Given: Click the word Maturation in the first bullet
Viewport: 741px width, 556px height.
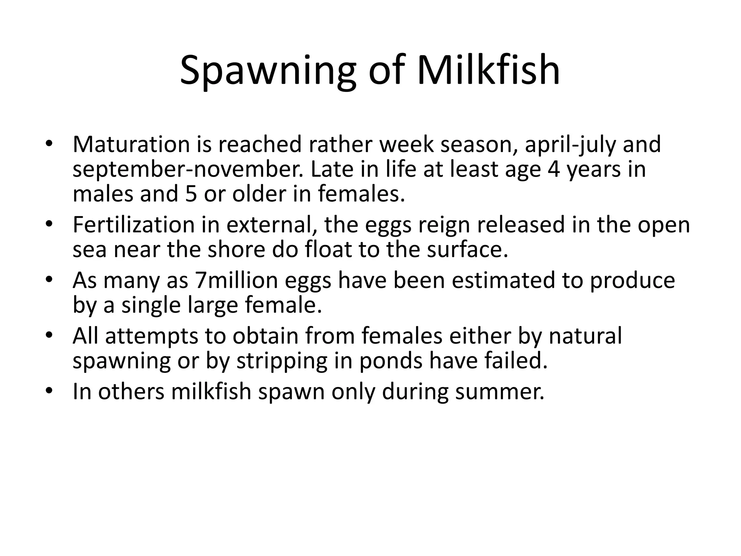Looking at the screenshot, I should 131,144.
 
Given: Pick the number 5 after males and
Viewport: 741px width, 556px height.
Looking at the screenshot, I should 191,194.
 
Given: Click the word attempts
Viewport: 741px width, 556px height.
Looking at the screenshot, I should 152,336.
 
